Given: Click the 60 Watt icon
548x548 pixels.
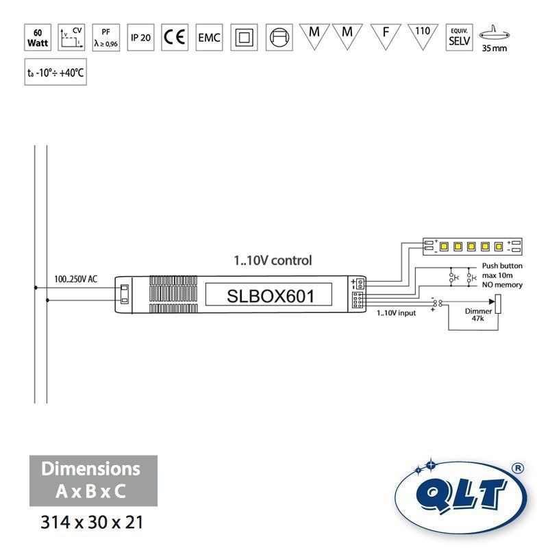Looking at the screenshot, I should click(37, 37).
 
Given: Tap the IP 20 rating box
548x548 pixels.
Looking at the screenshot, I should click(140, 37).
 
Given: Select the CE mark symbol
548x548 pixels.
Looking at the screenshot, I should click(175, 37).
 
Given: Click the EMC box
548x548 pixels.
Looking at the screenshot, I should click(209, 37).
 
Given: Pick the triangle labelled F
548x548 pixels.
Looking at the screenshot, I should click(386, 34).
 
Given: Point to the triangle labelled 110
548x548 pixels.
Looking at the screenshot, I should click(423, 34).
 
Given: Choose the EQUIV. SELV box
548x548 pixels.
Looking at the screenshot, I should click(458, 37).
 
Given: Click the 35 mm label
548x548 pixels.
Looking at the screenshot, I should click(495, 49).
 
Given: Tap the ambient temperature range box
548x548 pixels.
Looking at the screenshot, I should click(55, 72).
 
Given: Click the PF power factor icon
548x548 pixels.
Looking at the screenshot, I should click(105, 37).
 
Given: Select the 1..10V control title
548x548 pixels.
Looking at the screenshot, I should click(273, 260).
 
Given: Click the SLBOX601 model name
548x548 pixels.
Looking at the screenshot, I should click(270, 297).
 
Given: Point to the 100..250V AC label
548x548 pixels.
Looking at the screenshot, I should click(76, 279).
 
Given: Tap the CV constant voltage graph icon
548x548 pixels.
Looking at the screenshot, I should click(71, 37).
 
